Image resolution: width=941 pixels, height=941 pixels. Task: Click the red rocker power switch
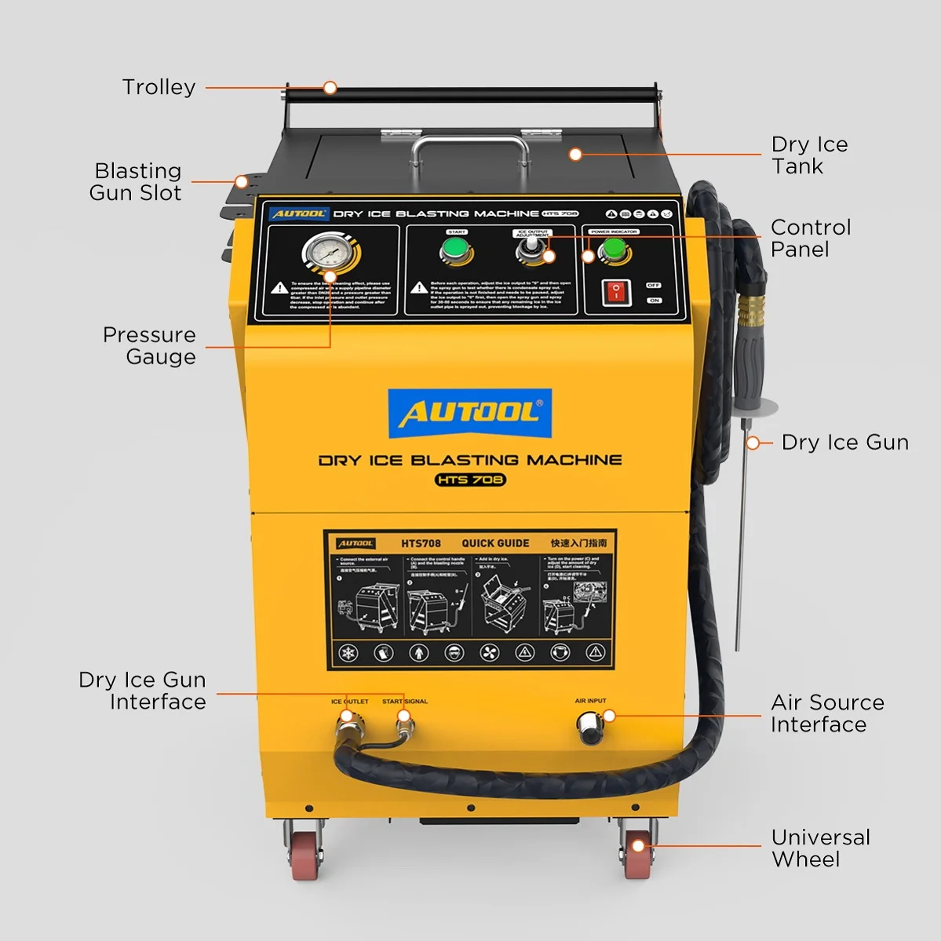click(616, 292)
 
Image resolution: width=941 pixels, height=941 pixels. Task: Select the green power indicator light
click(613, 251)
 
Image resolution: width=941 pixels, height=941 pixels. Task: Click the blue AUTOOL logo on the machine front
click(469, 413)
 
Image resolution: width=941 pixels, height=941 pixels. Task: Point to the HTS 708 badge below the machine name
click(469, 480)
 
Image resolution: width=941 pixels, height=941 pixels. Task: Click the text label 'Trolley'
click(159, 87)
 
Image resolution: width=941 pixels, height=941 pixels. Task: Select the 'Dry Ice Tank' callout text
click(809, 155)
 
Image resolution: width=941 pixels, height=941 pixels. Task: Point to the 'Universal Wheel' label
click(820, 848)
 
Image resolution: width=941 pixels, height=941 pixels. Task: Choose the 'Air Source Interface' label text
click(826, 713)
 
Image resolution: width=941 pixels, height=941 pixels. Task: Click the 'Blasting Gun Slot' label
click(137, 182)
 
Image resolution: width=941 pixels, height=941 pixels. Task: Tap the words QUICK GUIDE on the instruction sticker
click(494, 543)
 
